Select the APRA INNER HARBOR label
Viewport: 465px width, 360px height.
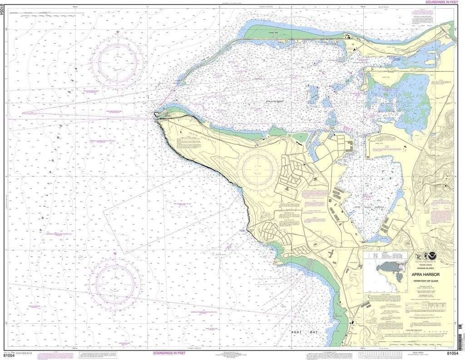pyautogui.click(x=366, y=207)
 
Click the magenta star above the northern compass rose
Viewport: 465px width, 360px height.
pyautogui.click(x=118, y=32)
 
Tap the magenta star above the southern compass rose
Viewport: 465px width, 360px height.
pyautogui.click(x=115, y=253)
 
